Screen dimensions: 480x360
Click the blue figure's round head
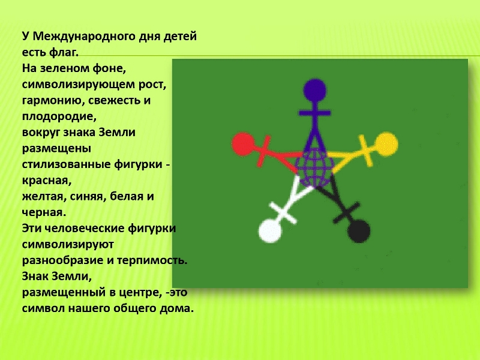point(314,91)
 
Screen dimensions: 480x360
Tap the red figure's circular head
point(244,144)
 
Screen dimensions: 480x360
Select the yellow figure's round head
point(386,144)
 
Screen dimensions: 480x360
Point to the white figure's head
point(270,231)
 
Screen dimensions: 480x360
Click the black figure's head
point(359,231)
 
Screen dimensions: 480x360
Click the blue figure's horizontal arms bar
point(314,113)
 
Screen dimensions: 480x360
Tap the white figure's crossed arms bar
point(283,213)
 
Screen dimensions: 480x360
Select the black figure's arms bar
point(346,212)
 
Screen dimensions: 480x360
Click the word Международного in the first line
point(84,37)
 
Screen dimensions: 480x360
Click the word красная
point(47,181)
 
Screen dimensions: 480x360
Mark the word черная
point(44,212)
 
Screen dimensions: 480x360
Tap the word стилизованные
point(66,164)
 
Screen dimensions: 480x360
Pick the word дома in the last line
point(179,308)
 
